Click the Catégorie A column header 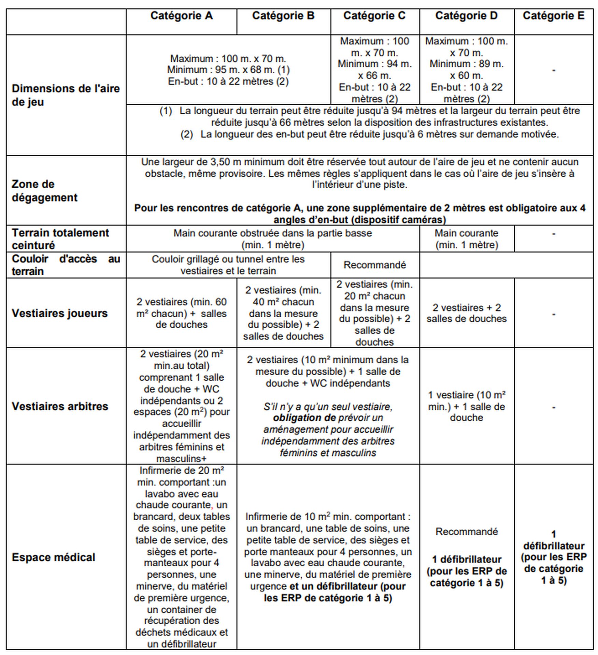(181, 16)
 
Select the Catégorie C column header (374, 16)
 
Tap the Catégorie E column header (553, 16)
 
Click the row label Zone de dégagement (45, 191)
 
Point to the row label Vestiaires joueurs (60, 313)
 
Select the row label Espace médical (54, 557)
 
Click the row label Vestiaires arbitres (60, 406)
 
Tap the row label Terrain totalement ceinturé (60, 239)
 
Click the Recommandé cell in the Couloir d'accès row (374, 265)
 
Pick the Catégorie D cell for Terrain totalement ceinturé (466, 239)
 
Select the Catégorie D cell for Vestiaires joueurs (466, 313)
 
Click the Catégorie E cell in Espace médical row (553, 557)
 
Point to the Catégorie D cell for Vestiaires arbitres (466, 406)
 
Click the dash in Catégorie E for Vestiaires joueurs (553, 314)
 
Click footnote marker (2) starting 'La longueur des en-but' (187, 134)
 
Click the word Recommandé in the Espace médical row (466, 532)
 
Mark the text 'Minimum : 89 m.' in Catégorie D (466, 64)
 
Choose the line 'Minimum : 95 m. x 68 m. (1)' (228, 70)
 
